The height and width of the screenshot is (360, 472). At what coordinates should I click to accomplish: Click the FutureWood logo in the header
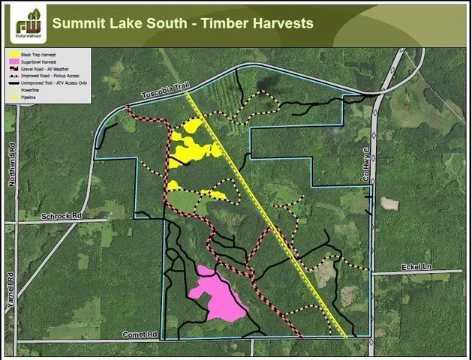(x=28, y=23)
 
